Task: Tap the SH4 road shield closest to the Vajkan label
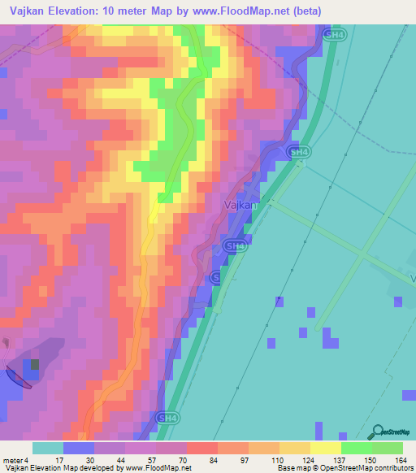(235, 245)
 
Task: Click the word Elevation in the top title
(72, 11)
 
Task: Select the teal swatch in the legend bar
(47, 448)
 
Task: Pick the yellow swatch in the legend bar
(325, 448)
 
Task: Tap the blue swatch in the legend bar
(78, 448)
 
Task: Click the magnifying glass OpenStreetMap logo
(377, 432)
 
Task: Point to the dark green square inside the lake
(34, 364)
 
